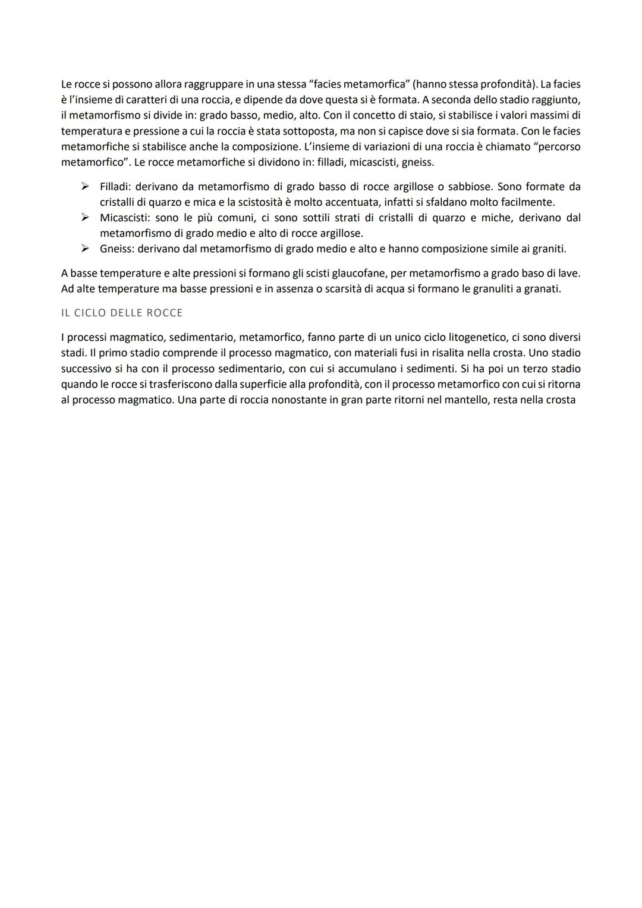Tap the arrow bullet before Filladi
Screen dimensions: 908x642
(86, 187)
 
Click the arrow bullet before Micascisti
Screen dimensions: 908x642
(86, 218)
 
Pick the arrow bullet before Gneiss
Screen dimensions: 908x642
(86, 249)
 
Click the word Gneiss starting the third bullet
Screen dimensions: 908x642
(117, 249)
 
